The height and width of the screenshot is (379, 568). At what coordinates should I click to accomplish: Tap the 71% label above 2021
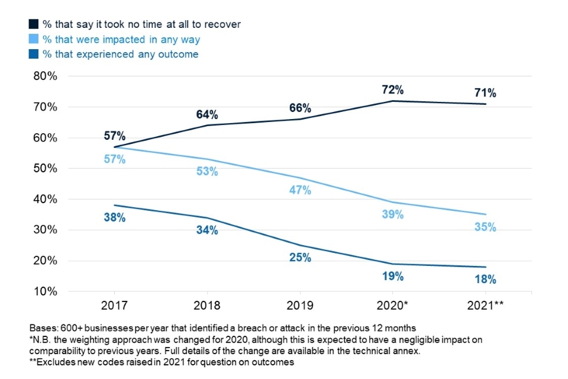tap(485, 93)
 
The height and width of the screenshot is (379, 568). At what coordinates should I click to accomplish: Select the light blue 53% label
tap(207, 172)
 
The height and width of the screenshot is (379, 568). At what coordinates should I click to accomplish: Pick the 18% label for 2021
tap(485, 280)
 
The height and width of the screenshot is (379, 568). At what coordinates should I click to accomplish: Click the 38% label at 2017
tap(114, 217)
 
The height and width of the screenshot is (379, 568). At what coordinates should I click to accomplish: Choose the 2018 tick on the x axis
tap(206, 306)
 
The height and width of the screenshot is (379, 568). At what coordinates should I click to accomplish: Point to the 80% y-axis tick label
tap(44, 76)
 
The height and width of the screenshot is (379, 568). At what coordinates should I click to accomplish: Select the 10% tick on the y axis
tap(44, 291)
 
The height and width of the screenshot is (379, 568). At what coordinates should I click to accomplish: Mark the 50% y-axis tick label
tap(44, 169)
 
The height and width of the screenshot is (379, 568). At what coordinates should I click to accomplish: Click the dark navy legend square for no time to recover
tap(34, 24)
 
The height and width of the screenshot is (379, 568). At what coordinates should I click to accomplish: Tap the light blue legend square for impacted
tap(34, 40)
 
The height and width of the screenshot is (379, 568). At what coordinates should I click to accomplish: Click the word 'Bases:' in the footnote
tap(43, 328)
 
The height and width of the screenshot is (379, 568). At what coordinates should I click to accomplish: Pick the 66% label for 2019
tap(300, 108)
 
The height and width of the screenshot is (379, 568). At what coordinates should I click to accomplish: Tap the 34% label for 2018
tap(207, 230)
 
